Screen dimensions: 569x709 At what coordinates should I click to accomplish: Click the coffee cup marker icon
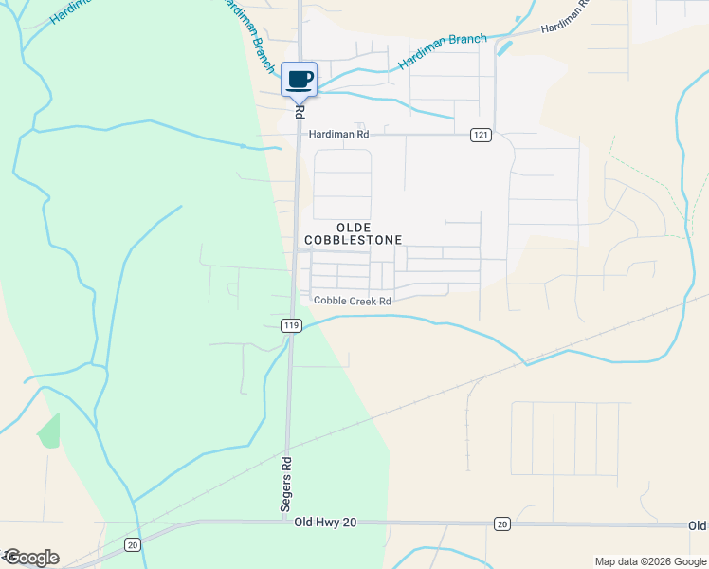pos(299,80)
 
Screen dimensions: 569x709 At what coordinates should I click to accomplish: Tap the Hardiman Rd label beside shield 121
pos(338,135)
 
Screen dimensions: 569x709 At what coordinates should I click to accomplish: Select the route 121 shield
pos(481,136)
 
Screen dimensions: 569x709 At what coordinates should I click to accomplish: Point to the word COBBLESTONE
pos(354,240)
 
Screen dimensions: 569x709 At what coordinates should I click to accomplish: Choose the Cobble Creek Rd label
pos(353,302)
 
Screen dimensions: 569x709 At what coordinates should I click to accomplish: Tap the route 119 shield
pos(291,325)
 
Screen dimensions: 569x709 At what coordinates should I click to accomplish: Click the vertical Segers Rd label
pos(285,486)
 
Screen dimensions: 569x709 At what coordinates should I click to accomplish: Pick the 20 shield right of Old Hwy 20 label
pos(502,523)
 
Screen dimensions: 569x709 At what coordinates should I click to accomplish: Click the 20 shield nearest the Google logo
pos(132,544)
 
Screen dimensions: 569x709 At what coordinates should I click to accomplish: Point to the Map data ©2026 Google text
pos(649,561)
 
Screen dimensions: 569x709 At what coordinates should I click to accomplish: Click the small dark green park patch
pos(48,431)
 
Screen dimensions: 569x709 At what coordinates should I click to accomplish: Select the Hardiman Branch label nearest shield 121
pos(443,51)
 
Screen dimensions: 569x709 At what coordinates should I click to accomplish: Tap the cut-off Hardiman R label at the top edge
pos(565,22)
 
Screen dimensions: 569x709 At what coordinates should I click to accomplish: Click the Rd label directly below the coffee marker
pos(299,111)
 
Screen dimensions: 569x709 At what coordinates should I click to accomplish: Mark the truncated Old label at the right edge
pos(698,525)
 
